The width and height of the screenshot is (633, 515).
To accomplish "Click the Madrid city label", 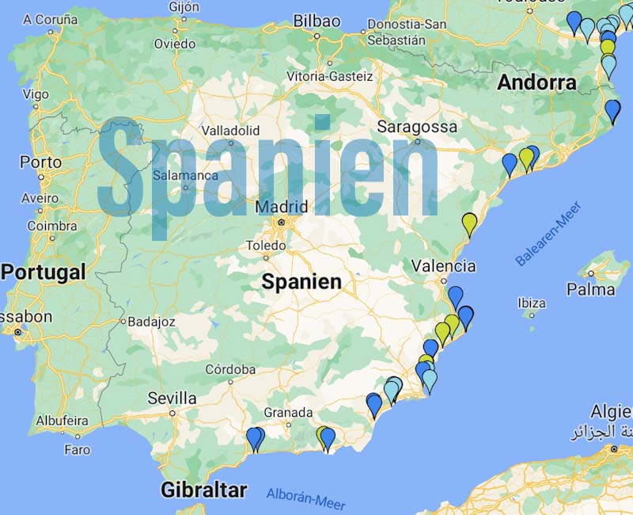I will (281, 208).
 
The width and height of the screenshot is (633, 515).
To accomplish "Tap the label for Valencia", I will (443, 266).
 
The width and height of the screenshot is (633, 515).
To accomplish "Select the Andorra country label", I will (536, 82).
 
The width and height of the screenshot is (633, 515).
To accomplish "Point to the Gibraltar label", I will (203, 490).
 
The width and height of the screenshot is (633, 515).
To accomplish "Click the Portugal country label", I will (43, 272).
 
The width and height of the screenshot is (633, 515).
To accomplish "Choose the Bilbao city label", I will (316, 21).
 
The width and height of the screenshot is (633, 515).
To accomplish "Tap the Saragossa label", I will (417, 126).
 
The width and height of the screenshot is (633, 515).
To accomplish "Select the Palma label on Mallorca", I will (590, 290).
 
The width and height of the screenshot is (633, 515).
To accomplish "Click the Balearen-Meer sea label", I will (548, 234).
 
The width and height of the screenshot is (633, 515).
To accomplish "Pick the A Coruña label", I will (49, 19).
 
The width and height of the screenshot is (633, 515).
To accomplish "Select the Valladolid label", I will (231, 130).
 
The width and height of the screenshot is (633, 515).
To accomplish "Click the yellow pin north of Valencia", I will (469, 223).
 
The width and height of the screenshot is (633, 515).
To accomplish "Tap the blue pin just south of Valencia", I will (455, 296).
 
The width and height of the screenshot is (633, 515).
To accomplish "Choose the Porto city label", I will (40, 162).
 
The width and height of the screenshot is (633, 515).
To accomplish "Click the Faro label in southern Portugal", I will (77, 450).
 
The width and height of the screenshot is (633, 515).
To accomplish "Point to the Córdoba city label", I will (230, 369).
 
